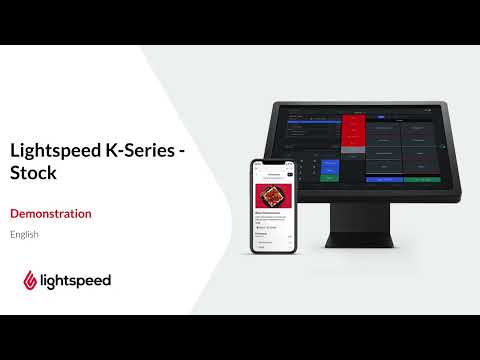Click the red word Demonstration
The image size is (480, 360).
click(x=50, y=213)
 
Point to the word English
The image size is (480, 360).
click(x=24, y=234)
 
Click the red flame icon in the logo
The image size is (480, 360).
click(x=30, y=280)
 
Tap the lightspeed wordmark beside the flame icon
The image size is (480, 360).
click(x=76, y=280)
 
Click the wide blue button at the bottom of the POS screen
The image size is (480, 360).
click(x=382, y=179)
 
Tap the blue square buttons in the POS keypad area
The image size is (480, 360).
click(x=331, y=166)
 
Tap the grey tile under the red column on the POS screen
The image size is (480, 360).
click(x=354, y=158)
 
